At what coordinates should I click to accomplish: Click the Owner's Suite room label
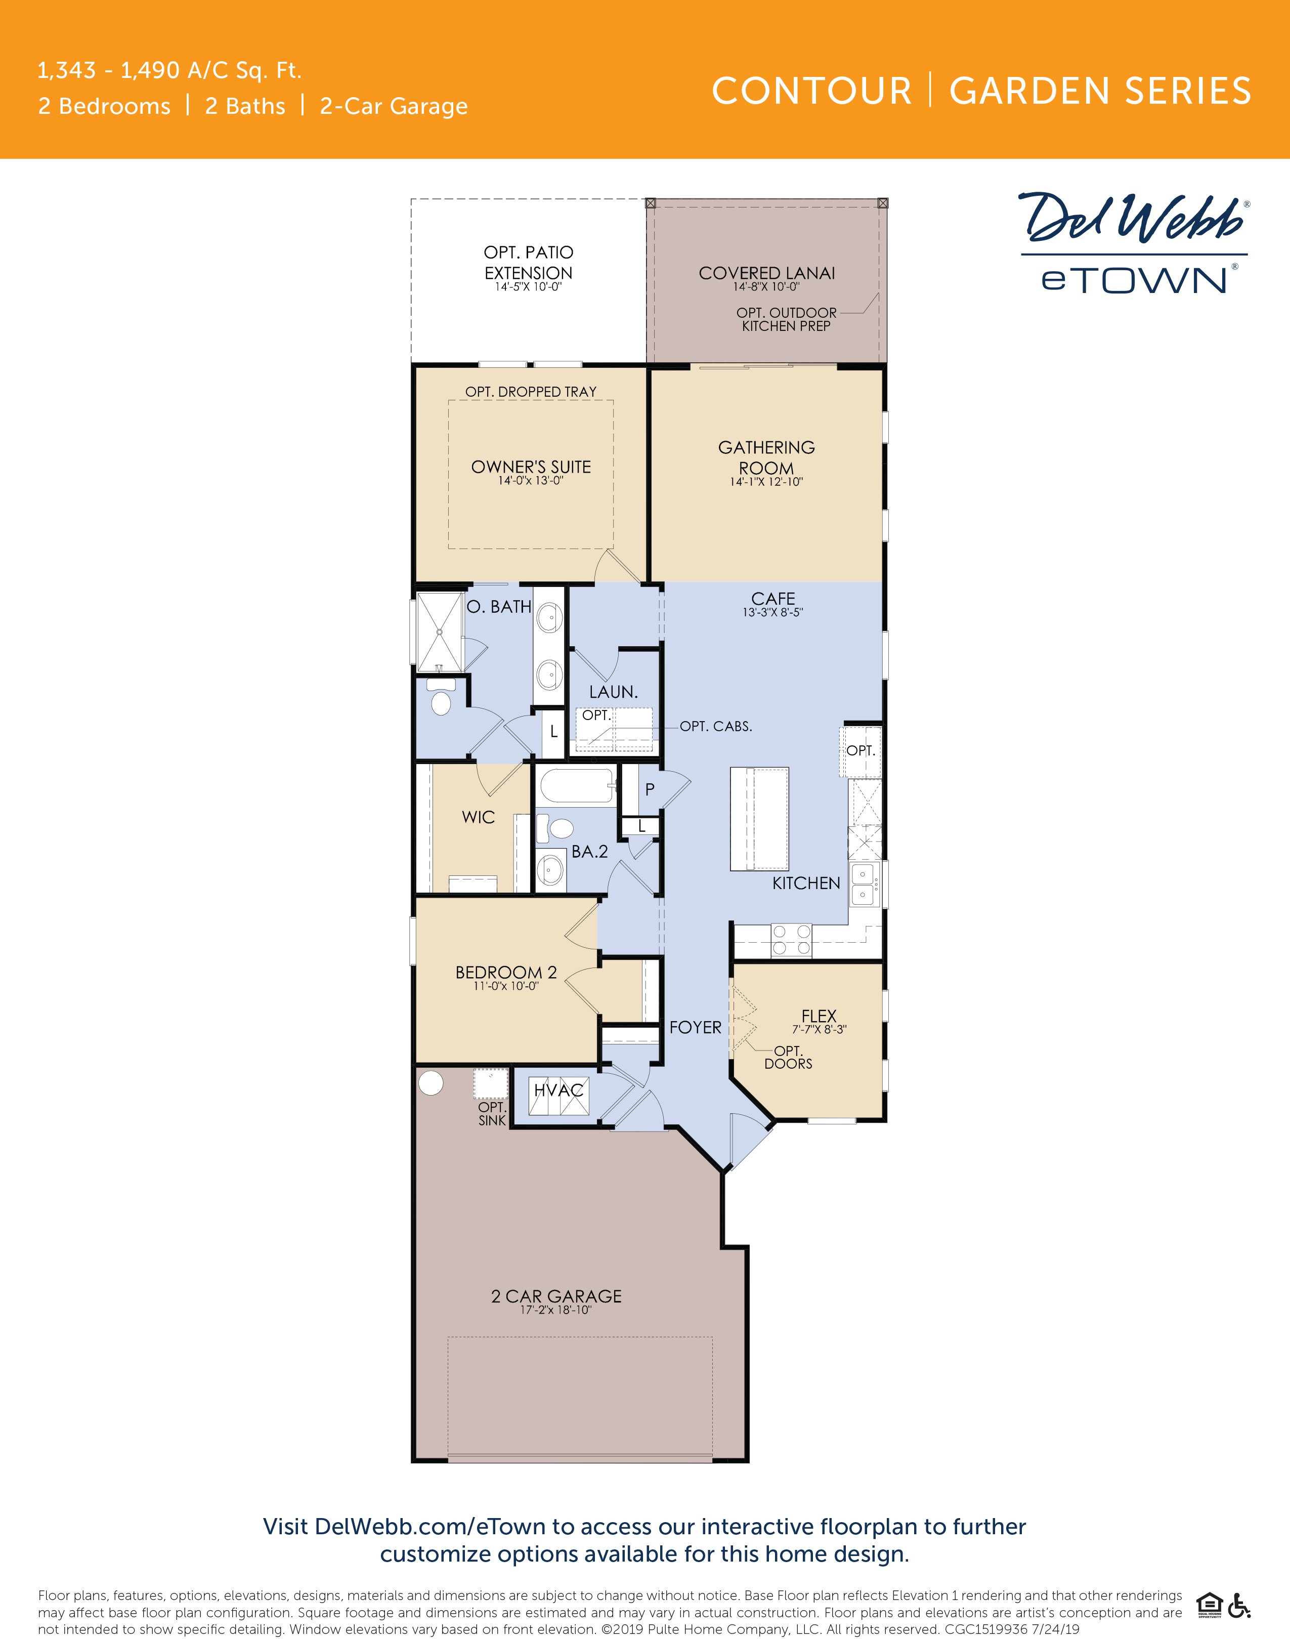point(531,467)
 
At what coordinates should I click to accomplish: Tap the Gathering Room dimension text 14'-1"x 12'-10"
point(766,482)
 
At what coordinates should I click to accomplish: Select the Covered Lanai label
point(766,273)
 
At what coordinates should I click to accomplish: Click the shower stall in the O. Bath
point(440,632)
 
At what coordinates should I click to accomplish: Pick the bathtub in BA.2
point(578,787)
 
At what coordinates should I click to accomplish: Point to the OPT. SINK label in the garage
point(492,1113)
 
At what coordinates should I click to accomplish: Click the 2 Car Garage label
point(556,1296)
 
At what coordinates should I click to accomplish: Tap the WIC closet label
point(478,817)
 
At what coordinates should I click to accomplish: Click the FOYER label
point(695,1027)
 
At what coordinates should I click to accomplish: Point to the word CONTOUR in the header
point(812,92)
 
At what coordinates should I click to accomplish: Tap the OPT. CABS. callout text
point(715,727)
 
